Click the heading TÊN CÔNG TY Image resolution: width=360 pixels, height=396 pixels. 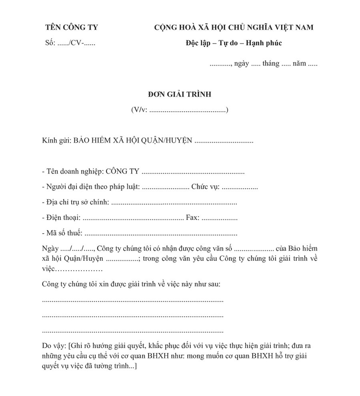pos(72,28)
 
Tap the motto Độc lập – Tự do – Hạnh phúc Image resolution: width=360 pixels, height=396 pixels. pos(234,43)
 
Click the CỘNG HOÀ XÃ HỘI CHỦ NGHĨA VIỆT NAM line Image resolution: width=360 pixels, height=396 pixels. pos(234,28)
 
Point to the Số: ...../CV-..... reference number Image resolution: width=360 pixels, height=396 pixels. pos(70,43)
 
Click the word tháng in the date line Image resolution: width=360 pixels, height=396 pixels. pos(271,64)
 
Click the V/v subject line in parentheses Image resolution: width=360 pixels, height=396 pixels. pos(179,110)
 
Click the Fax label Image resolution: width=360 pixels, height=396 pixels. pos(193,218)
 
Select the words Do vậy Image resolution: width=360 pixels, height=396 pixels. pos(54,346)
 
